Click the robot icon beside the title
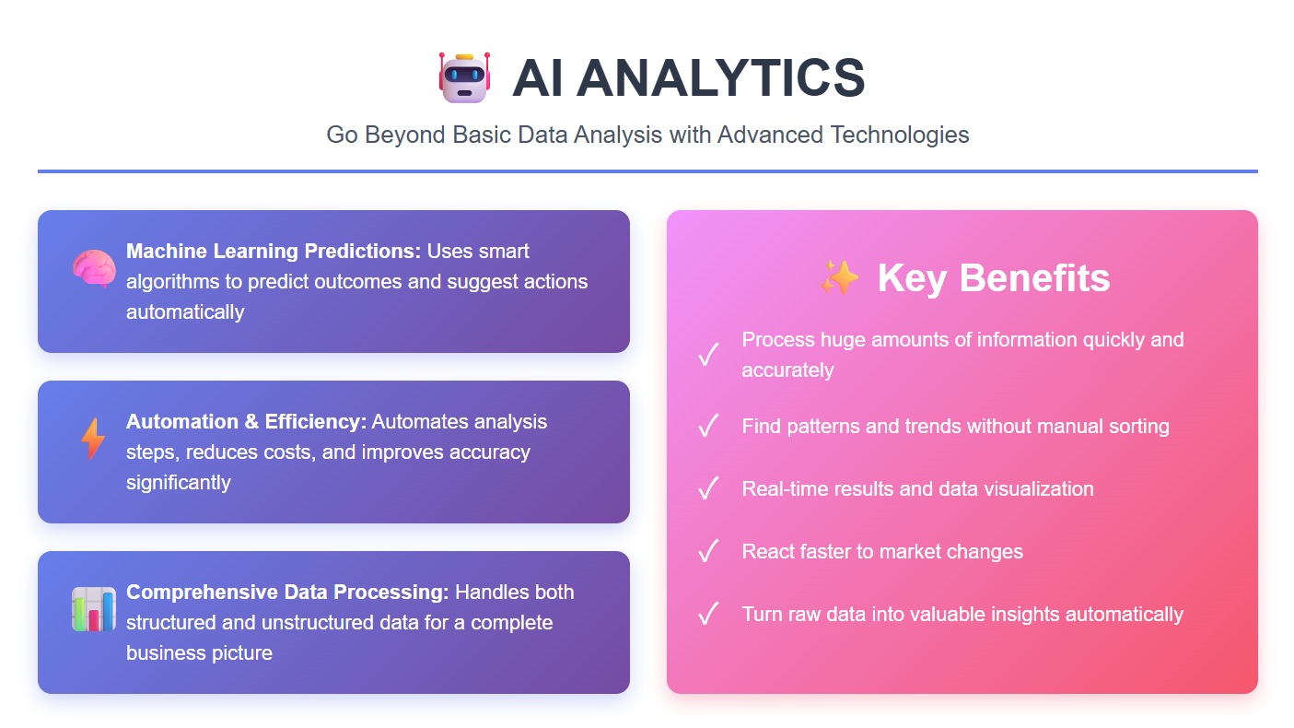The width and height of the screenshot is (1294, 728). pos(463,76)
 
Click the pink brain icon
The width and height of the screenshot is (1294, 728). pos(93,268)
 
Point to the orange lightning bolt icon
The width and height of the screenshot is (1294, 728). pos(93,439)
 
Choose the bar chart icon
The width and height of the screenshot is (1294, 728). pos(93,609)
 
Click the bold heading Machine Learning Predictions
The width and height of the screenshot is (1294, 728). pos(274,251)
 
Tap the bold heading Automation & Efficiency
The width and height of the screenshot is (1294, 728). pos(246,421)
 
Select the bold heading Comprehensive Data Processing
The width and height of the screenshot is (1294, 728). pos(287,592)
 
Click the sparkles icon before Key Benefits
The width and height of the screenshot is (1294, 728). pos(839,278)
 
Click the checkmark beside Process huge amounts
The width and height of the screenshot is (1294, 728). pos(708,355)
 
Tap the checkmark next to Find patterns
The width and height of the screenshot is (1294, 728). pos(708,426)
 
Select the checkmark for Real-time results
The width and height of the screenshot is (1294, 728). pos(708,488)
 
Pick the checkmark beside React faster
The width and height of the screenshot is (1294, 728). pos(708,551)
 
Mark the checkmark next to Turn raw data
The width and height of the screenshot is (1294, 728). pos(708,614)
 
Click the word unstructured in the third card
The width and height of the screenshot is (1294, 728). pos(317,622)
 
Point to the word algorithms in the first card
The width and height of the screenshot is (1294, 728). pos(173,281)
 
